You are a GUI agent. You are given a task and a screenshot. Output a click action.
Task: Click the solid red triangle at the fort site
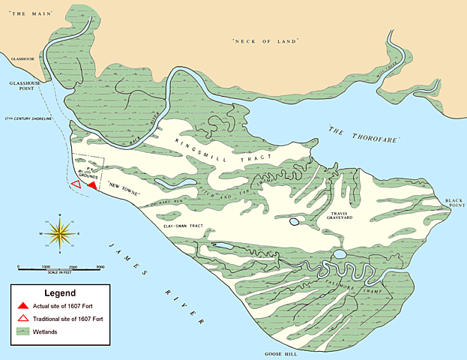click(x=91, y=184)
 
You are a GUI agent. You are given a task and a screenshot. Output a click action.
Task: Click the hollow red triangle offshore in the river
click(x=75, y=184)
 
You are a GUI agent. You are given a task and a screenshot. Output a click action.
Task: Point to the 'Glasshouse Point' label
click(x=20, y=88)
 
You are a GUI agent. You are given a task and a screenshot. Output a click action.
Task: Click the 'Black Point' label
click(x=454, y=204)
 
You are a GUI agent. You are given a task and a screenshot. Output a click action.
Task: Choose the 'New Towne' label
click(x=121, y=184)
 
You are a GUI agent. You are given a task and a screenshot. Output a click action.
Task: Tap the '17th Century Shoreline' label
click(x=25, y=119)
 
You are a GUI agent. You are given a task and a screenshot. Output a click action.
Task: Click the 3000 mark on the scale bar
click(x=100, y=267)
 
